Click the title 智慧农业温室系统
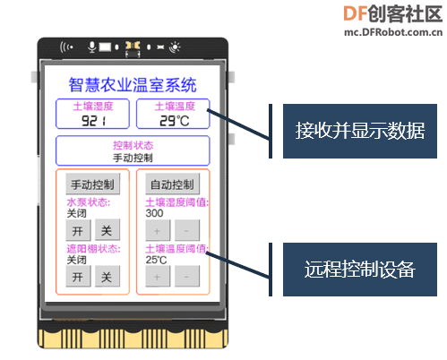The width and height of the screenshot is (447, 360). [x=133, y=85]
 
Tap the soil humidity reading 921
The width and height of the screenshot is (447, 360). [x=94, y=121]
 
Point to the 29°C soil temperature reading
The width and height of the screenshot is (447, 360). [x=175, y=121]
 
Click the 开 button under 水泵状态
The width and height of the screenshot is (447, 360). [x=78, y=230]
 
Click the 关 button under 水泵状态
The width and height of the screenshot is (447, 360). [x=107, y=230]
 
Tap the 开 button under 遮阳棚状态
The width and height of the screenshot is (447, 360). [x=78, y=277]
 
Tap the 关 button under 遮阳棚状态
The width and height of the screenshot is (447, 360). [x=107, y=277]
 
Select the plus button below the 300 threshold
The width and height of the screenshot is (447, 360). [x=158, y=230]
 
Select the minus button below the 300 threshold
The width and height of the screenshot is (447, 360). [x=187, y=230]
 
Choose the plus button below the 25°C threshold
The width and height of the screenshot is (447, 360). [x=158, y=277]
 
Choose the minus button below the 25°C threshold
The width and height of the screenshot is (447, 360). [x=187, y=277]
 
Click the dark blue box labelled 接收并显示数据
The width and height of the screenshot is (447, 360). [x=360, y=131]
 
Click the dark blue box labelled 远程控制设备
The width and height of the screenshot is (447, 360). [x=360, y=270]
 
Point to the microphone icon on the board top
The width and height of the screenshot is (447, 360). [x=92, y=47]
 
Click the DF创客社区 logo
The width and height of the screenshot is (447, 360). [x=393, y=13]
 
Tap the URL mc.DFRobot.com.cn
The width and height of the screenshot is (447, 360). [x=393, y=31]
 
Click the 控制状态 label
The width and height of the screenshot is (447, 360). [x=133, y=145]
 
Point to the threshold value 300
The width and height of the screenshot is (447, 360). [x=154, y=213]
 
